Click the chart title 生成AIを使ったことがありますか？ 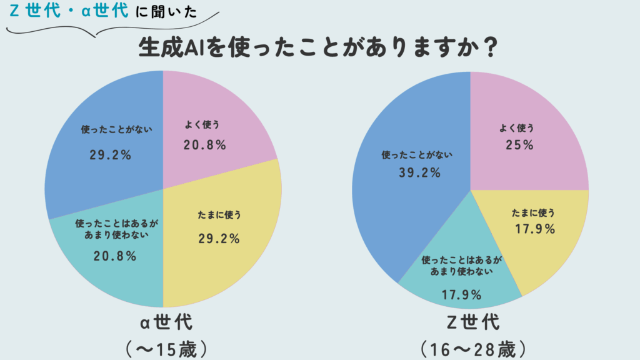click(318, 48)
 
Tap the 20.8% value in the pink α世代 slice click(204, 145)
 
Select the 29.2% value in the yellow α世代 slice click(218, 238)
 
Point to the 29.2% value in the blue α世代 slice click(111, 155)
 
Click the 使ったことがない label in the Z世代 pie click(417, 154)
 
